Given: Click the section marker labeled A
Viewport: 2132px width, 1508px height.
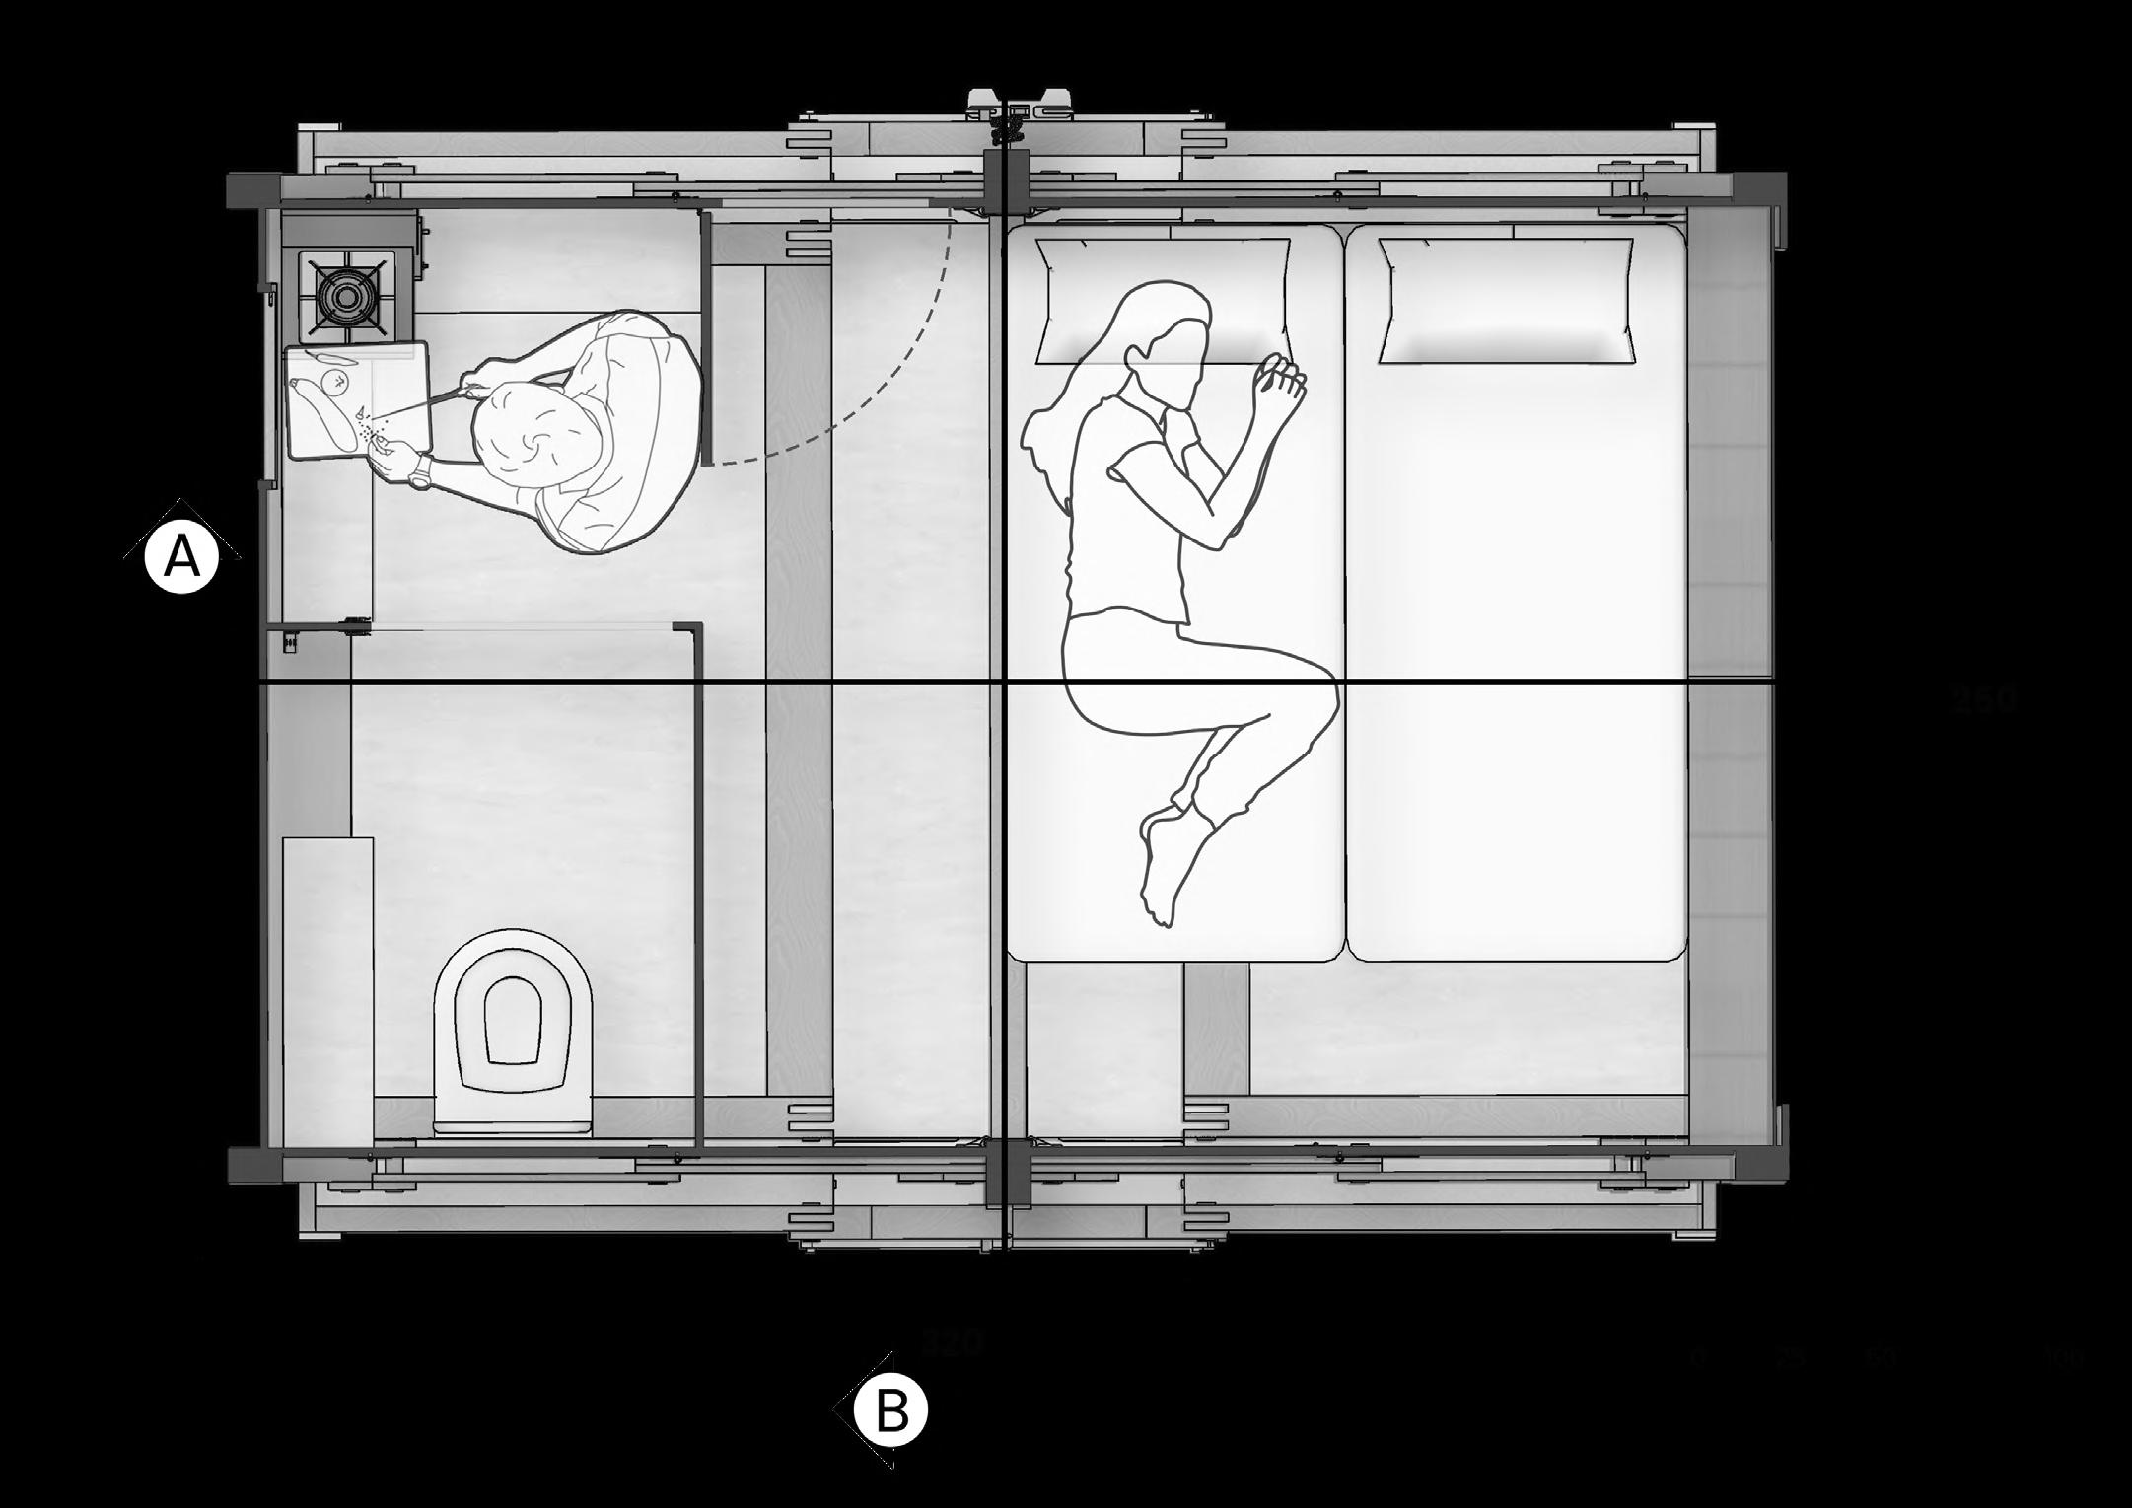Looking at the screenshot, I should point(180,558).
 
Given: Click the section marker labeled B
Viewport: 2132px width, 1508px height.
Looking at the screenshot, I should point(890,1412).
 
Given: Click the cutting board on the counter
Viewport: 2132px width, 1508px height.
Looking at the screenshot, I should point(357,400).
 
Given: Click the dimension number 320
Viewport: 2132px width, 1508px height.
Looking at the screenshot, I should point(953,1344).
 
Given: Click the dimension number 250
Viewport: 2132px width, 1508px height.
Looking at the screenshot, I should point(1983,699).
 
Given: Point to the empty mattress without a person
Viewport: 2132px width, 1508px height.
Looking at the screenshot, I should point(1514,641).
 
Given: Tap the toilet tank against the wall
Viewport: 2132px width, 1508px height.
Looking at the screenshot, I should point(512,1124).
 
